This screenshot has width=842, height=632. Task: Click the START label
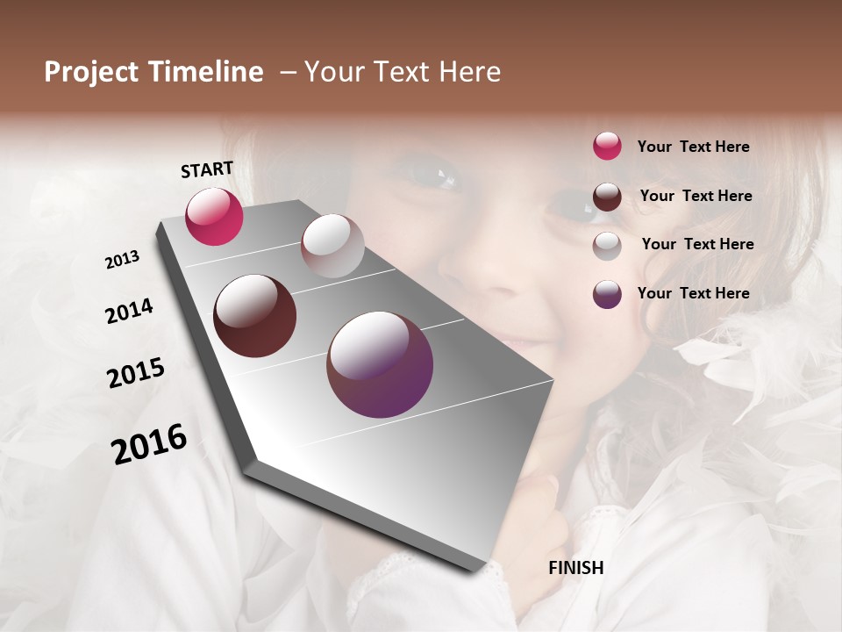[x=207, y=169]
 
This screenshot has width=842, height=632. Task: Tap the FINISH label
[x=575, y=568]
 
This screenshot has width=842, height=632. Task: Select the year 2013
[x=123, y=260]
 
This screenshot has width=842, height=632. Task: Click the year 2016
[x=149, y=444]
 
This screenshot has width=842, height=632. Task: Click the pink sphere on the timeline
[x=214, y=216]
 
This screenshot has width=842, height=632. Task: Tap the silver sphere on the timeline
[x=332, y=246]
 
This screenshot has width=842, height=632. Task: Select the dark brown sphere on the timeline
[x=255, y=316]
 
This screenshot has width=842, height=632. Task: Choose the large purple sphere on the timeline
[x=380, y=364]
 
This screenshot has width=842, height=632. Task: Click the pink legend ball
[x=607, y=147]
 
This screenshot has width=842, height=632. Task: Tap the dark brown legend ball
[x=607, y=197]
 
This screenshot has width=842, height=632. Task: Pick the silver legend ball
[x=607, y=245]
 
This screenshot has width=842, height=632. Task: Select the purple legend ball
[x=607, y=294]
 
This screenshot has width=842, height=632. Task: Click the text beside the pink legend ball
[x=693, y=147]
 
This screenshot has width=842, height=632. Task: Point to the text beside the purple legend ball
[x=693, y=293]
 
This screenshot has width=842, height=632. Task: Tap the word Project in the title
[x=90, y=72]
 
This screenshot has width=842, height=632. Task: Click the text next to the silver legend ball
[x=697, y=244]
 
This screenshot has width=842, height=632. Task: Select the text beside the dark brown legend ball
[x=696, y=196]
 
